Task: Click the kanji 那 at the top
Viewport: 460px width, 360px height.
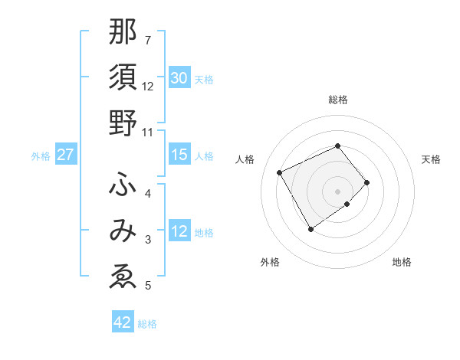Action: (x=123, y=32)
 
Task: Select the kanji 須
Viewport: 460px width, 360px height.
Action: (x=123, y=78)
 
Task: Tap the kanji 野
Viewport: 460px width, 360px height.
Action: (x=123, y=125)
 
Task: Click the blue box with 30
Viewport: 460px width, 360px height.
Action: (x=179, y=78)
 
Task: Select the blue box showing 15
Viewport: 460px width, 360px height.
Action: (x=179, y=155)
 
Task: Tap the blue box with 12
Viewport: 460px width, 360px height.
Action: (x=179, y=232)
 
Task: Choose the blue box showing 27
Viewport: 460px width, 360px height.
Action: (x=65, y=155)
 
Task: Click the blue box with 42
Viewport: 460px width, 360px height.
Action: (x=123, y=322)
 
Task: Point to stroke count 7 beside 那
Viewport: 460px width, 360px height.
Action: (x=148, y=40)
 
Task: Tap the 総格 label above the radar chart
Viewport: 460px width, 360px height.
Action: (x=337, y=100)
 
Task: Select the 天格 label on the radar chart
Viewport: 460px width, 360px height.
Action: (x=431, y=159)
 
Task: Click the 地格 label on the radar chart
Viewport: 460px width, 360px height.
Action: (x=402, y=262)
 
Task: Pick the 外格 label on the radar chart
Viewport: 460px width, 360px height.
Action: (x=270, y=262)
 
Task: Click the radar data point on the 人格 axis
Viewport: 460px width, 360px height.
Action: (x=280, y=172)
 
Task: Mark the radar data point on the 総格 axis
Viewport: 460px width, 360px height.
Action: (x=337, y=146)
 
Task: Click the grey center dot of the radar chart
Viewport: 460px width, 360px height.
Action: (x=337, y=191)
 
